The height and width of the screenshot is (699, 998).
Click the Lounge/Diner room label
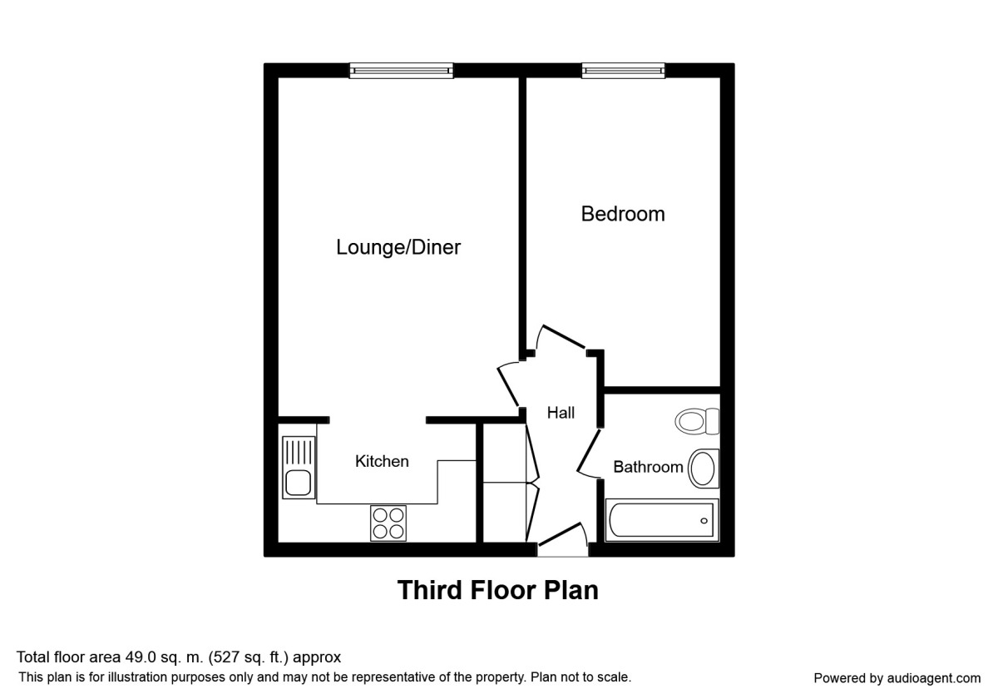[398, 247]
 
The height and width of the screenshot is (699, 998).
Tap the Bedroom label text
[622, 214]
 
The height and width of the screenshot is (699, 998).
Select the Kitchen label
[382, 461]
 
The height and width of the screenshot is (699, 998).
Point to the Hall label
[561, 413]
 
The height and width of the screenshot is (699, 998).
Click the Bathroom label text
[648, 467]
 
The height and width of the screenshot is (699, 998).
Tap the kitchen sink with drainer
[298, 468]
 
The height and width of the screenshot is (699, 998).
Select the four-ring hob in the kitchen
[388, 523]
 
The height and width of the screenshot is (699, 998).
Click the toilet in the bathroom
[697, 421]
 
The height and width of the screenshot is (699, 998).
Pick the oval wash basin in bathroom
[704, 468]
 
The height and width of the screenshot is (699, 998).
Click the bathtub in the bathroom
[662, 521]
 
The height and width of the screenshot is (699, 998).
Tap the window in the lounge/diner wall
[401, 71]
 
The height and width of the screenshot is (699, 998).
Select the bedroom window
[623, 71]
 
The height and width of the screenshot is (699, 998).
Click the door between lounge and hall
[507, 384]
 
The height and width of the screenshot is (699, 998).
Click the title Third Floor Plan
[497, 591]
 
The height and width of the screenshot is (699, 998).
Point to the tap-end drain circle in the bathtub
[704, 521]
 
